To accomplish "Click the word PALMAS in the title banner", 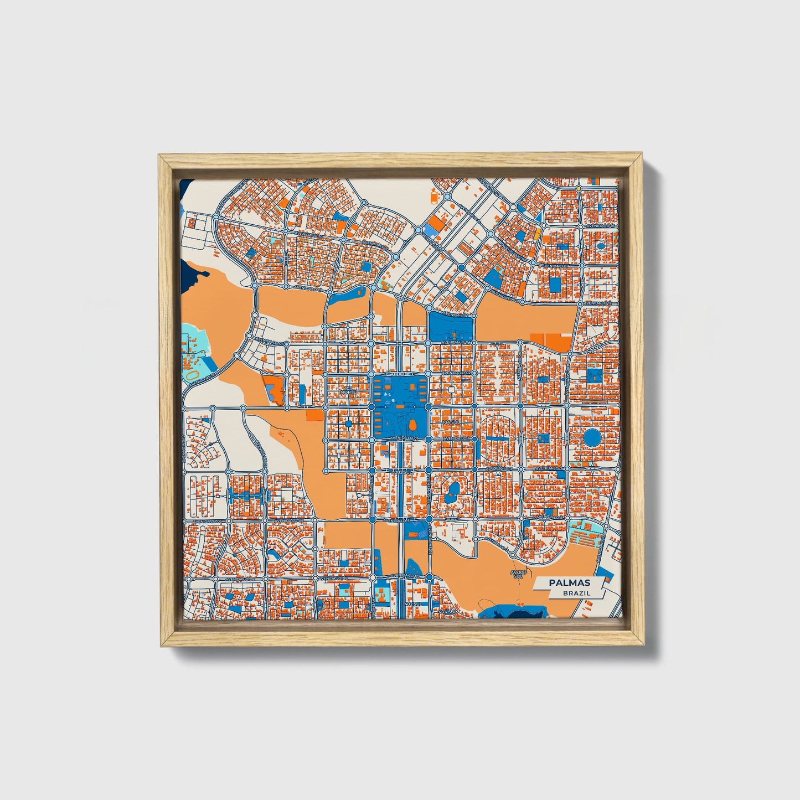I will coord(569,583).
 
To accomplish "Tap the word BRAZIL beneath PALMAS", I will coord(576,593).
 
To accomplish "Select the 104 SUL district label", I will coord(451,422).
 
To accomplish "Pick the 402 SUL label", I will coord(414,603).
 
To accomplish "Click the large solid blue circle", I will coord(592,438).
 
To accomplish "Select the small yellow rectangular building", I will coord(536,231).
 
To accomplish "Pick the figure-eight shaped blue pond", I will coord(453,489).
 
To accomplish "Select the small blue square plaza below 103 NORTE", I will coord(349,424).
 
